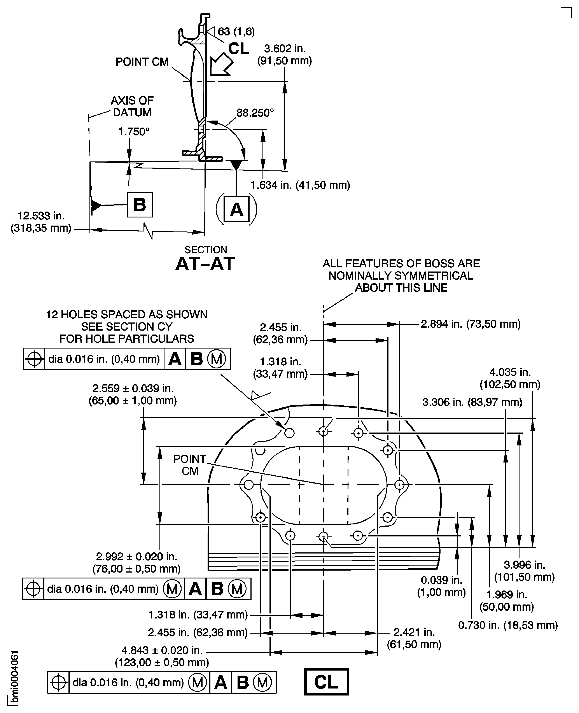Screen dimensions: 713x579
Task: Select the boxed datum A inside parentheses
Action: pyautogui.click(x=236, y=210)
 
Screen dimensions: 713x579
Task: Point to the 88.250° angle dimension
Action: pyautogui.click(x=255, y=113)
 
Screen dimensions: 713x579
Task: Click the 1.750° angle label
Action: pyautogui.click(x=134, y=132)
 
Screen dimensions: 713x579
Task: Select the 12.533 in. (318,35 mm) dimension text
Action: pyautogui.click(x=41, y=222)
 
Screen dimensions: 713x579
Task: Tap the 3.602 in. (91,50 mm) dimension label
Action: pyautogui.click(x=285, y=55)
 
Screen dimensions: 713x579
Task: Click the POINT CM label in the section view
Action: pyautogui.click(x=142, y=62)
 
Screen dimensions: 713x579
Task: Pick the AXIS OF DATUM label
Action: pyautogui.click(x=132, y=106)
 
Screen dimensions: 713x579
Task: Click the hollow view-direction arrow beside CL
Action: pyautogui.click(x=221, y=64)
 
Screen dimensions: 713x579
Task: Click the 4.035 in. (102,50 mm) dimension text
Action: pyautogui.click(x=510, y=378)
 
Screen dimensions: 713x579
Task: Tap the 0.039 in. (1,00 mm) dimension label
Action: pyautogui.click(x=441, y=586)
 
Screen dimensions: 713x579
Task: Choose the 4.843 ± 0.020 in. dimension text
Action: pyautogui.click(x=162, y=656)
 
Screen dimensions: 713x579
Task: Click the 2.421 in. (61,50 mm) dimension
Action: pyautogui.click(x=414, y=638)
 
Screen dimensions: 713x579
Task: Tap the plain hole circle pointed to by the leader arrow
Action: pyautogui.click(x=289, y=433)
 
